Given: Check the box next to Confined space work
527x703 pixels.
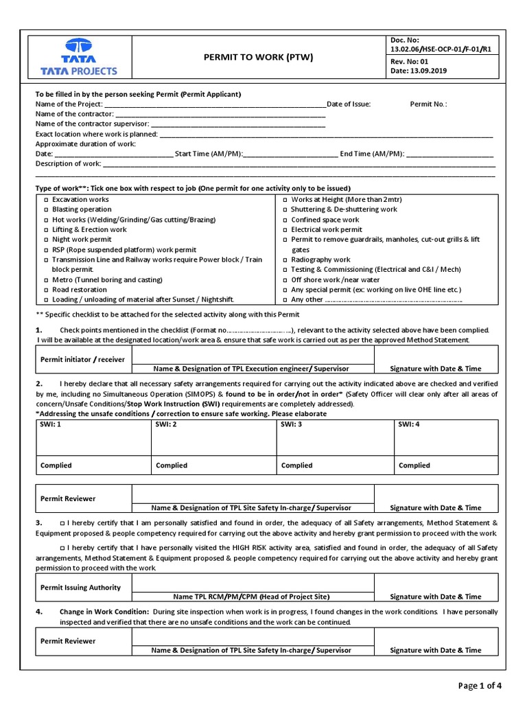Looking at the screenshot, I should point(284,220).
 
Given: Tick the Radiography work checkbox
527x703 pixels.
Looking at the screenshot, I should point(284,260).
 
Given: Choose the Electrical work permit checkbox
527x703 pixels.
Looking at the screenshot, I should point(284,230).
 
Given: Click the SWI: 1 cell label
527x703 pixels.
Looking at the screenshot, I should point(51,425).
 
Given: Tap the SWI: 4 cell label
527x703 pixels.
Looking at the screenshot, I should point(409,425).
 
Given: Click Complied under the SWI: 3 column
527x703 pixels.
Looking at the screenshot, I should point(296,465).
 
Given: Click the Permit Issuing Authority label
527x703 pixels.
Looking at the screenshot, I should point(80,588).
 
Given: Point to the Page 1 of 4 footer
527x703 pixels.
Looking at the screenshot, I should point(480,684).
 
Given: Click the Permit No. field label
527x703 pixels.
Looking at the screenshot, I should point(428,104).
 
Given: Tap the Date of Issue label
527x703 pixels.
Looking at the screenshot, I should point(349,104).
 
